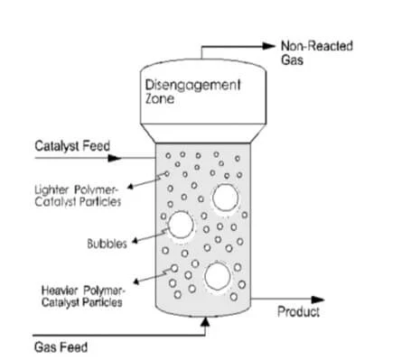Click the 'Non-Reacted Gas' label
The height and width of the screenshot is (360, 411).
(x=317, y=53)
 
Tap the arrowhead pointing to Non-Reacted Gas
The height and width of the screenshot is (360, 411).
(x=268, y=46)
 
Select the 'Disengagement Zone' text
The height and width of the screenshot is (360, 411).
(x=192, y=91)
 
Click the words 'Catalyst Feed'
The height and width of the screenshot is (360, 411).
(x=72, y=146)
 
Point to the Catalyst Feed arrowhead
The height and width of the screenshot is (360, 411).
(x=115, y=158)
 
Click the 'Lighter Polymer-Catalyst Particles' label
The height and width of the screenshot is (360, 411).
(x=78, y=196)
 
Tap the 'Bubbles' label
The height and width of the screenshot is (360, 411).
(x=107, y=244)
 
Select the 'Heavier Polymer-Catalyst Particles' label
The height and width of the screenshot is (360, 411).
(x=82, y=297)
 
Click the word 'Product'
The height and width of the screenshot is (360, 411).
(x=298, y=311)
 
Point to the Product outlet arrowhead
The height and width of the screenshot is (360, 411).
(x=318, y=300)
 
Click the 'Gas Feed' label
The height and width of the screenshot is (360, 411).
(x=61, y=347)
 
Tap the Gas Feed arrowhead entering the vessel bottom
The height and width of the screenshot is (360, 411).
(x=205, y=322)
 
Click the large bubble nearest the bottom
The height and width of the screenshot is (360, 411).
(x=218, y=276)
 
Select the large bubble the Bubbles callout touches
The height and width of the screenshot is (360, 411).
(x=181, y=225)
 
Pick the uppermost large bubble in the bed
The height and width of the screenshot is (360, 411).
(x=225, y=198)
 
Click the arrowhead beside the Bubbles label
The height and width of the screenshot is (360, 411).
(x=135, y=241)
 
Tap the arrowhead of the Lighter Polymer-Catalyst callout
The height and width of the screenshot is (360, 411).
(x=130, y=187)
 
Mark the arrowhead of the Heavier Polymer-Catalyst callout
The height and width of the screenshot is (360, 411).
(x=136, y=282)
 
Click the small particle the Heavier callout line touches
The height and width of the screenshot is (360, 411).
(x=174, y=268)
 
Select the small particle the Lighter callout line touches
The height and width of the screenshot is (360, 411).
(x=167, y=174)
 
